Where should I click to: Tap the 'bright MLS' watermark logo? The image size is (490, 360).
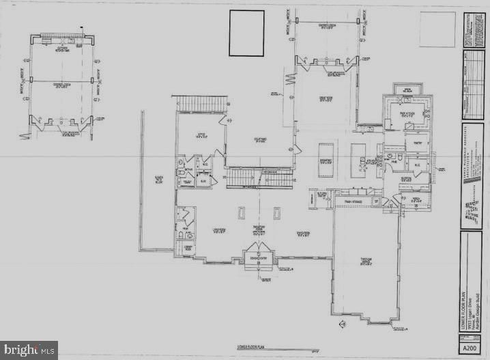(x=29, y=350)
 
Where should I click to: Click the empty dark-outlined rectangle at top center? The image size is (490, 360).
(x=246, y=33)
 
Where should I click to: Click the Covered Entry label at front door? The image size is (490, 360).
(x=259, y=257)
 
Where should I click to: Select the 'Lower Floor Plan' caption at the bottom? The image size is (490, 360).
(x=250, y=346)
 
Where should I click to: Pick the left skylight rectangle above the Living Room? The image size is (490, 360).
(x=242, y=213)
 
